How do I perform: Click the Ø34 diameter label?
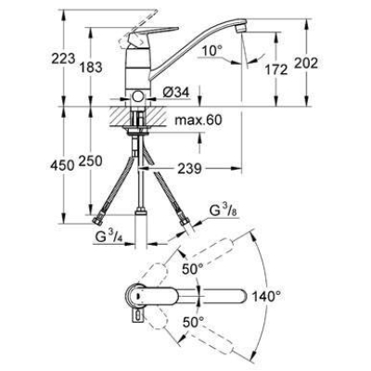tap(174, 91)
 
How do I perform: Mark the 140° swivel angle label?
tap(265, 298)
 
